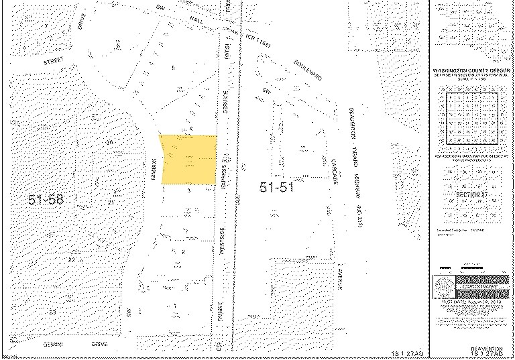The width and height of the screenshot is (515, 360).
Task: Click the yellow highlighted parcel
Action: (x=188, y=159)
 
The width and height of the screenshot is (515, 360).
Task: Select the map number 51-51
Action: (x=277, y=188)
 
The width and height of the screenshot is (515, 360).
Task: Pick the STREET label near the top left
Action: (x=52, y=61)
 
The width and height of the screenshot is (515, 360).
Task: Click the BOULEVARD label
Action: (x=306, y=68)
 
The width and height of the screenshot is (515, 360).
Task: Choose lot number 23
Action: (x=53, y=312)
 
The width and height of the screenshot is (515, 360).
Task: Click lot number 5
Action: (x=173, y=68)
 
